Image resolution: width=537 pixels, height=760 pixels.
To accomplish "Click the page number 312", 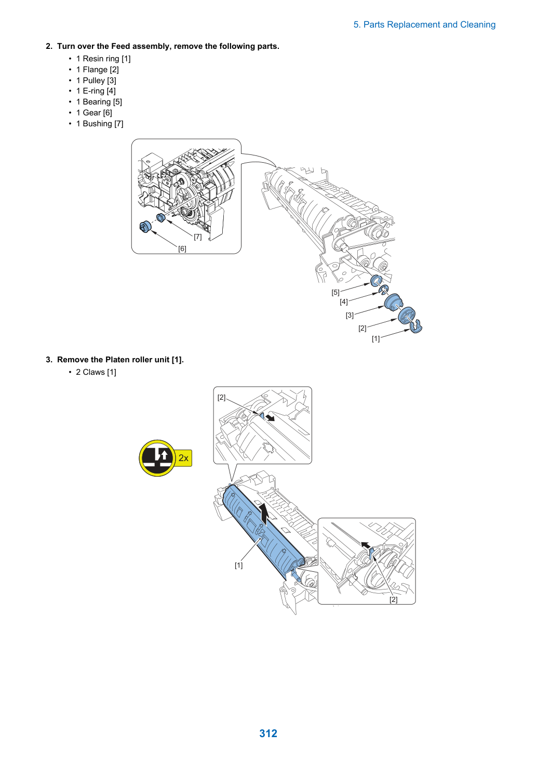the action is [268, 733].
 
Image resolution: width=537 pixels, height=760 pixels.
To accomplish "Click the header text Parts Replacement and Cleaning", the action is [429, 25].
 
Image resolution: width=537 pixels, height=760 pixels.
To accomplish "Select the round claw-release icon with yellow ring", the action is [157, 458].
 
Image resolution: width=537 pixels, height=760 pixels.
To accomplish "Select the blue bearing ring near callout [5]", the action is [376, 281].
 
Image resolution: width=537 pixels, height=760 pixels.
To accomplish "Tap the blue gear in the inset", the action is [145, 226].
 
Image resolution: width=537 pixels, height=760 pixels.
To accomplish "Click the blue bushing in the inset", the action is [160, 217].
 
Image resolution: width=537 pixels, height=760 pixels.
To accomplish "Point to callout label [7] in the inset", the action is [198, 237].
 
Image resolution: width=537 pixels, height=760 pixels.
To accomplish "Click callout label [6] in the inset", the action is [182, 248].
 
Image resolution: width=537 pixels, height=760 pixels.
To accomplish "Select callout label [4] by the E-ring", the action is [344, 302].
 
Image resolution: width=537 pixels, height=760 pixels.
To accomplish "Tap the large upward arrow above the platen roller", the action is [265, 515].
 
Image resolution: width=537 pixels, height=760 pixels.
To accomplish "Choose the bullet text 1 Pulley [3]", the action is [96, 81].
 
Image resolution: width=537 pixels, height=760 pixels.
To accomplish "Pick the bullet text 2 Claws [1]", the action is [96, 372].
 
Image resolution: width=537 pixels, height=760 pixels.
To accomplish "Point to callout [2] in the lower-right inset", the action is [393, 599].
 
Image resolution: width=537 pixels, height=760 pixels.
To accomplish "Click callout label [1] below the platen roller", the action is [239, 565].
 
